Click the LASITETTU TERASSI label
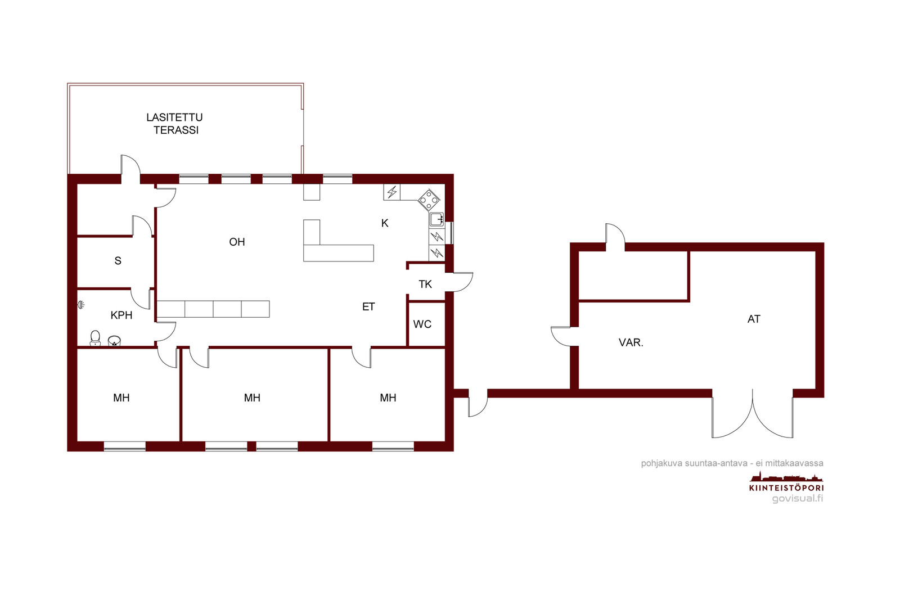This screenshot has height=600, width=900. click(174, 124)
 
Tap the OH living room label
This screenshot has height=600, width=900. click(237, 242)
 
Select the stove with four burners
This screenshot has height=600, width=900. click(429, 200)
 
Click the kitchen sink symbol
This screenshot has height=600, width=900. click(436, 219)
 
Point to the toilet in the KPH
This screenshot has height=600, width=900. click(95, 338)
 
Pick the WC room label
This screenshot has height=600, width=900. click(422, 324)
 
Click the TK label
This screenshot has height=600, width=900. click(425, 285)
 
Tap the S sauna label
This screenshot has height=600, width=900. click(118, 261)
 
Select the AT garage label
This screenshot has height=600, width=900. click(754, 319)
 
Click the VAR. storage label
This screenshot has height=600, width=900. click(631, 342)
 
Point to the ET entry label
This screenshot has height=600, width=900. click(368, 307)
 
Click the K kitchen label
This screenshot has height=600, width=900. click(385, 223)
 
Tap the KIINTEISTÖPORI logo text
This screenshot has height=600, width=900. click(786, 488)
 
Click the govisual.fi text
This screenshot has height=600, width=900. click(798, 498)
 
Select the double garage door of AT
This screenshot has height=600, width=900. click(753, 414)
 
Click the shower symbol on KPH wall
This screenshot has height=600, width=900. click(81, 305)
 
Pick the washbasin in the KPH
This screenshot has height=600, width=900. click(115, 341)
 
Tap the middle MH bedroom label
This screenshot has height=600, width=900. click(252, 398)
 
